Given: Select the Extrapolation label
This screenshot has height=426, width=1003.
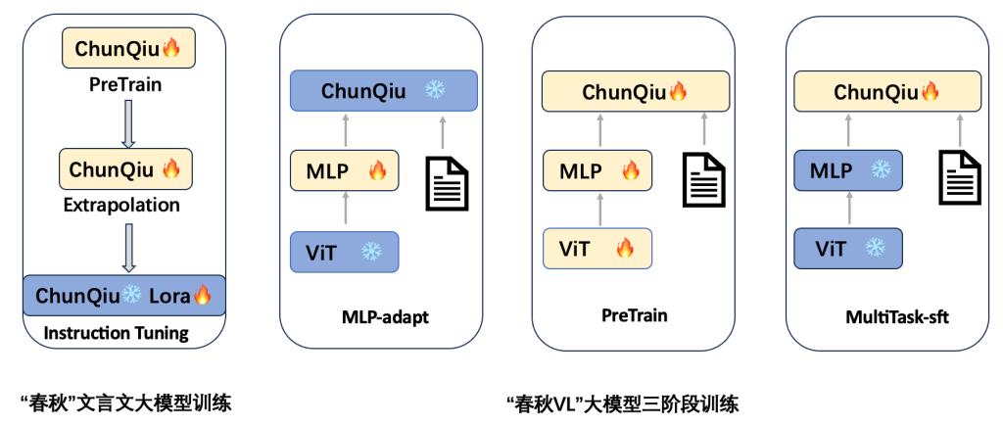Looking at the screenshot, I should point(125,206).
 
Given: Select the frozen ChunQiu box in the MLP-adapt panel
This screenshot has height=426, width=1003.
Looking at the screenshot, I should point(383,91).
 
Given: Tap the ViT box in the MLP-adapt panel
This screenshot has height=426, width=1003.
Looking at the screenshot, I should point(344,251).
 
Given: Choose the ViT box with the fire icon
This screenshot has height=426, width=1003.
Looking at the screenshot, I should point(597,249).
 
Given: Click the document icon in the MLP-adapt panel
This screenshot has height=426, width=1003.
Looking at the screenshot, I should point(446,181).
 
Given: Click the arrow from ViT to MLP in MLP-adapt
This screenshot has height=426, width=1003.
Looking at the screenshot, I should point(345,211).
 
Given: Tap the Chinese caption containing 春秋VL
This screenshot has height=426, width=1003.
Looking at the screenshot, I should point(621,402).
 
